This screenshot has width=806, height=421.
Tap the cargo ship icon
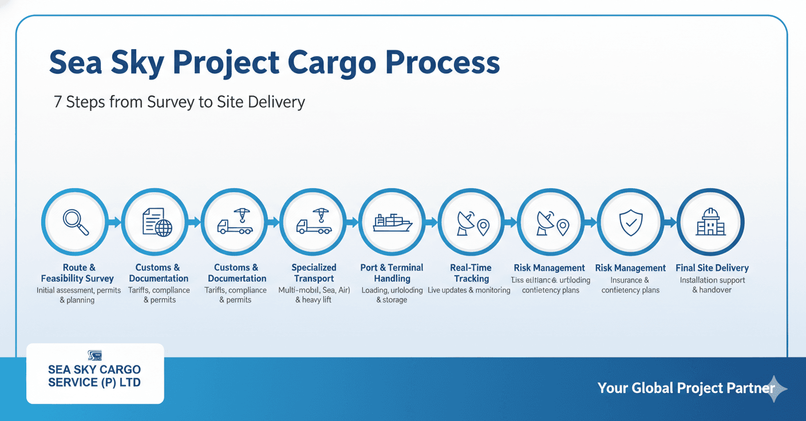point(393,223)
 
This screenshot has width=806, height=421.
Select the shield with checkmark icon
point(631,223)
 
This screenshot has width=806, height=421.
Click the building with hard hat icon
point(710,223)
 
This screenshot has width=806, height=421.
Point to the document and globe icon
point(156,223)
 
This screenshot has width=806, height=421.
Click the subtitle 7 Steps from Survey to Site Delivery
point(179,102)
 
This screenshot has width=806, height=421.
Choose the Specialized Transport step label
point(314,273)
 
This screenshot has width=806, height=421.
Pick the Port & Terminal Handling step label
point(392,273)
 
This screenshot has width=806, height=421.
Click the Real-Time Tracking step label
point(471,273)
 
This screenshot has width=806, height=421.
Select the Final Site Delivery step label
point(712,268)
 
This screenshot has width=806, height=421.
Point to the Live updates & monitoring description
point(468,291)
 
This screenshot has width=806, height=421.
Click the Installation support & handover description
point(712,285)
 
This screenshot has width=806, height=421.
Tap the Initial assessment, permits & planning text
point(78,295)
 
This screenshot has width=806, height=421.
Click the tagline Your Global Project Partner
point(686,388)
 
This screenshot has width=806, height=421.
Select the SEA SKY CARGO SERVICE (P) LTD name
point(94,376)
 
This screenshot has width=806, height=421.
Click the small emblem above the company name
point(94,356)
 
